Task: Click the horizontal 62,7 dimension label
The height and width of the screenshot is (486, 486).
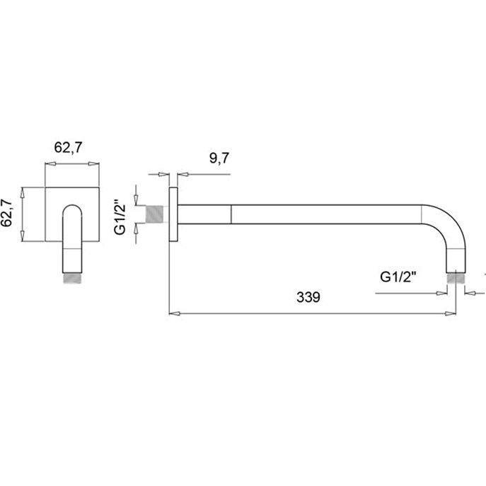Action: pyautogui.click(x=68, y=147)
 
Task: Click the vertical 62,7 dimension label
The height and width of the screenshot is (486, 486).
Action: pyautogui.click(x=6, y=213)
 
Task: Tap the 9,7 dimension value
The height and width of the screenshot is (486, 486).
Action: pyautogui.click(x=219, y=158)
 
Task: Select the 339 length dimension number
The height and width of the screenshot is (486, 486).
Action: pyautogui.click(x=308, y=297)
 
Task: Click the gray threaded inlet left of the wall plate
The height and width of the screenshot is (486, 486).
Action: pyautogui.click(x=154, y=214)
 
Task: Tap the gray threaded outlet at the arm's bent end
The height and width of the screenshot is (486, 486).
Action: pyautogui.click(x=456, y=278)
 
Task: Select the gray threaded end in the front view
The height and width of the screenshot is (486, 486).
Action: pyautogui.click(x=73, y=278)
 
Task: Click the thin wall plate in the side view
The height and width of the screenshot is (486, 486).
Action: pyautogui.click(x=173, y=214)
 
